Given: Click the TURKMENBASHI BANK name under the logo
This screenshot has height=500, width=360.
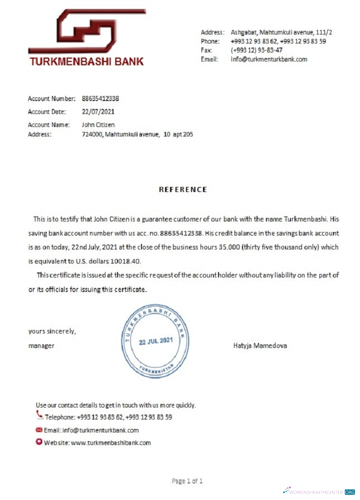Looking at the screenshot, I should click(x=86, y=62).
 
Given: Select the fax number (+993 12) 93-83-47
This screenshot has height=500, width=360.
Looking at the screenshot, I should click(x=256, y=50).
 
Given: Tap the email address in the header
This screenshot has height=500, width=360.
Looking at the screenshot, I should click(x=269, y=59).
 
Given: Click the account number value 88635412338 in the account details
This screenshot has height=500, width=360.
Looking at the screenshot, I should click(x=100, y=98).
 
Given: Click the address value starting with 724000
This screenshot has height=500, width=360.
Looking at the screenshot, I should click(x=137, y=134).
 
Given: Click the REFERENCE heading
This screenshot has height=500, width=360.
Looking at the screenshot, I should click(x=182, y=189).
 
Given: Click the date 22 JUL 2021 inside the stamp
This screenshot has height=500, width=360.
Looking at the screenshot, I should click(x=156, y=341).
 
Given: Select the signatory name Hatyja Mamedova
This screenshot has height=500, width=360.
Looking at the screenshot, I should click(x=260, y=345).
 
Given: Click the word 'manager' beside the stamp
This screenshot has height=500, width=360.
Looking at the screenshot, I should click(x=41, y=345).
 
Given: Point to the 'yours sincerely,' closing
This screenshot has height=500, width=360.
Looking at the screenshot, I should click(x=52, y=331).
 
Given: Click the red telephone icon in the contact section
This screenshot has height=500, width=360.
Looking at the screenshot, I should click(x=39, y=414).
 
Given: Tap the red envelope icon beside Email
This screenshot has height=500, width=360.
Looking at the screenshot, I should click(x=39, y=429).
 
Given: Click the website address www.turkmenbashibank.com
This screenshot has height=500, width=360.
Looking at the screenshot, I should click(x=111, y=442).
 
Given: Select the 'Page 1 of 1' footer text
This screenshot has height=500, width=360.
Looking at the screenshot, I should click(x=187, y=481).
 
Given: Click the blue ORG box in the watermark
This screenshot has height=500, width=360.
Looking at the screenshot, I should click(x=349, y=492).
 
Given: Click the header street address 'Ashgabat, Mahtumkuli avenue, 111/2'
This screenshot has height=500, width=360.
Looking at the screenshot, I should click(x=281, y=32).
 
